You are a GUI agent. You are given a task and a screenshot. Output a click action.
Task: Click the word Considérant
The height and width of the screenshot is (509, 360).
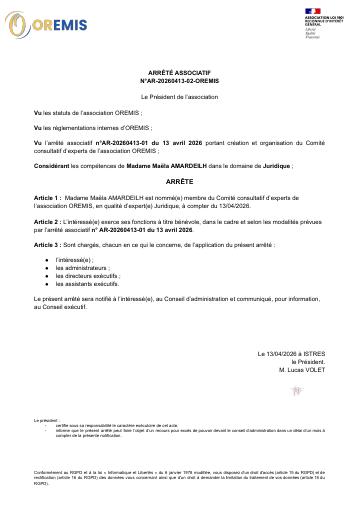[54, 163]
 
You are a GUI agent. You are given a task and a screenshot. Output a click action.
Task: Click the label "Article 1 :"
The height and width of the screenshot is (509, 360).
[51, 199]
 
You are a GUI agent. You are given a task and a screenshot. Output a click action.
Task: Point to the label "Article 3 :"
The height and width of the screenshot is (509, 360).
[51, 243]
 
